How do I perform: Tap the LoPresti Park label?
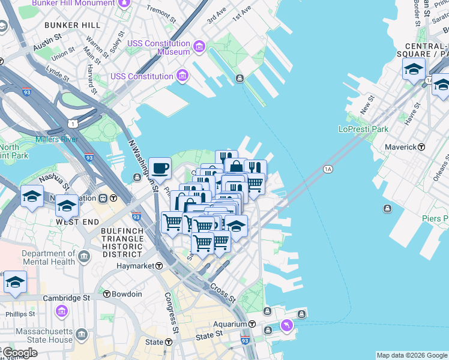363,129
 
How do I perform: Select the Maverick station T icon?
421,147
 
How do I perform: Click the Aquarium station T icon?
252,324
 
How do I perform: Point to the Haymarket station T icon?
160,266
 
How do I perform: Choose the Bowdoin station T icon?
107,294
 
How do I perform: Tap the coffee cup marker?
160,168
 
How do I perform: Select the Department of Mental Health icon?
83,257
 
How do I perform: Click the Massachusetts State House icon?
82,334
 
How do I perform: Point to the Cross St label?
223,292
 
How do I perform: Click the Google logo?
20,353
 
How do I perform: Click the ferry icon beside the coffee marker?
138,176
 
